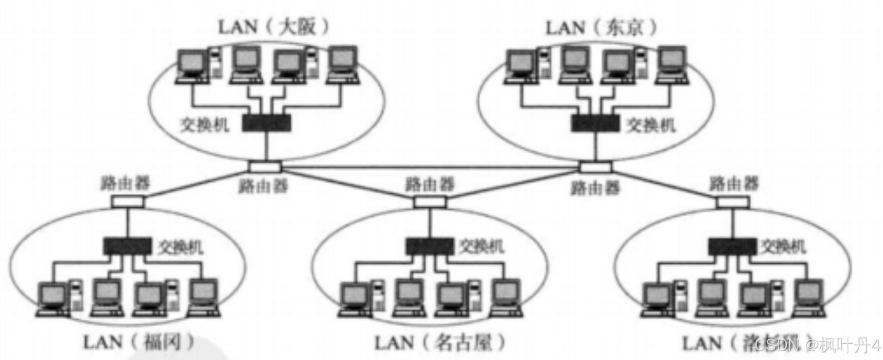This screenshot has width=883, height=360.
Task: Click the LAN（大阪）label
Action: (273, 27)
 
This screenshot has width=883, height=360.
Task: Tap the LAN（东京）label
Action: (601, 27)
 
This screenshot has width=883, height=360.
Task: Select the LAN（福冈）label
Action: (138, 342)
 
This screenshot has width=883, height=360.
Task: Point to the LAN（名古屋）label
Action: (440, 343)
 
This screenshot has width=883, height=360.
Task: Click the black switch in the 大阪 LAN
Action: (266, 123)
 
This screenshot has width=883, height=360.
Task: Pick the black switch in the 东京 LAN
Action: (595, 123)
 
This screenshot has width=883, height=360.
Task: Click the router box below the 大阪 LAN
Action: (265, 166)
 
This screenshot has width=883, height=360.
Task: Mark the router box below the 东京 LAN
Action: (596, 167)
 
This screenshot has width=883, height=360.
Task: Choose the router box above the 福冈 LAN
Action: (127, 202)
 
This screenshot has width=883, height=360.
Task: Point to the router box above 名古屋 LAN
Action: (430, 202)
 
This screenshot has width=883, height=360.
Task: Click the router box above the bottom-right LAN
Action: (733, 202)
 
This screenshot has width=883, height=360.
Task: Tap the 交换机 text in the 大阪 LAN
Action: (205, 124)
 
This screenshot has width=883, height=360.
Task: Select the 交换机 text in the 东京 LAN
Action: (650, 124)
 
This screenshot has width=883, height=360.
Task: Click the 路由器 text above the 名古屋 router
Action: (430, 184)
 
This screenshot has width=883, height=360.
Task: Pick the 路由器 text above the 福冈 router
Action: (125, 183)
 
